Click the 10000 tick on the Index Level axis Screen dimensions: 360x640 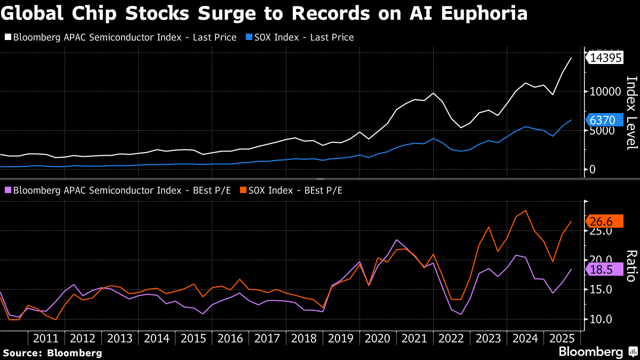coord(601,92)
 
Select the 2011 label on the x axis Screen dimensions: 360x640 coord(46,338)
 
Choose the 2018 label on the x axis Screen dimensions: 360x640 coord(304,338)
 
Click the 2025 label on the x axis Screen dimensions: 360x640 coord(562,338)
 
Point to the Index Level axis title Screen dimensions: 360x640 coord(631,112)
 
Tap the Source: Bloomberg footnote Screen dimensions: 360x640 coord(52,353)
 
